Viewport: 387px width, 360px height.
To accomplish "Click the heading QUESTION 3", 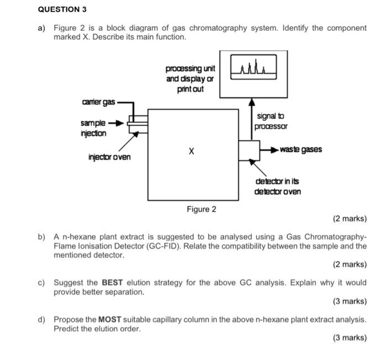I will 62,10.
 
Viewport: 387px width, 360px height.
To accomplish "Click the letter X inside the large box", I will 191,150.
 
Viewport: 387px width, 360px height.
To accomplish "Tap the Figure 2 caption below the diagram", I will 201,209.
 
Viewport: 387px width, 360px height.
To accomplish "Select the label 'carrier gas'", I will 98,103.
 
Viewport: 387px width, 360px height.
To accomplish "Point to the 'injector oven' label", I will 109,157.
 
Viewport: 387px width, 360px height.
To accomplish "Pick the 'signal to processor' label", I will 271,121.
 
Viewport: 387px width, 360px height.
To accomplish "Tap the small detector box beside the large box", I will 249,150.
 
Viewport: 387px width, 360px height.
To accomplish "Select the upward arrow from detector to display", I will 252,119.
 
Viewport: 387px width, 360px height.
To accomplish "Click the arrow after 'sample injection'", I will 117,123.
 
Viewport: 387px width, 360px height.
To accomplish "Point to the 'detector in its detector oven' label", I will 278,187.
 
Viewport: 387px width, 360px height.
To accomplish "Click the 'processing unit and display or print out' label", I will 190,78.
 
